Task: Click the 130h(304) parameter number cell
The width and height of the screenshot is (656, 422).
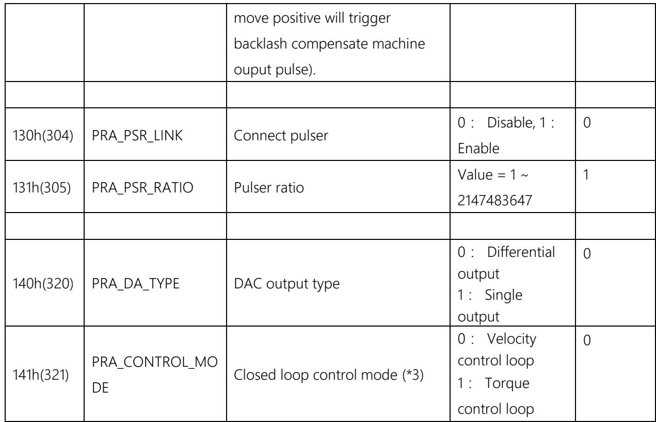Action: [x=43, y=136]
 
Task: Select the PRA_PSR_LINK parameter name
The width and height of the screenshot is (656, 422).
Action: [x=137, y=136]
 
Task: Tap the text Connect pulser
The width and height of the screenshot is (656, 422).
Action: [x=281, y=136]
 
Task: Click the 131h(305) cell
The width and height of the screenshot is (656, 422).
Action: [x=42, y=188]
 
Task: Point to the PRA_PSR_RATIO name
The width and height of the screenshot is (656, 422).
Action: [x=142, y=188]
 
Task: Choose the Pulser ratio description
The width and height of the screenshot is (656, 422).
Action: [x=269, y=188]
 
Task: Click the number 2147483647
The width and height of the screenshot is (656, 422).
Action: [x=494, y=201]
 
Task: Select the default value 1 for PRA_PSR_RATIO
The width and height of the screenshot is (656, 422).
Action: [x=586, y=175]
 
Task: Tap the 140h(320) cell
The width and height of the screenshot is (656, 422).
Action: [x=43, y=284]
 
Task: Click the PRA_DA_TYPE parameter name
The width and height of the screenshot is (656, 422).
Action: [x=136, y=284]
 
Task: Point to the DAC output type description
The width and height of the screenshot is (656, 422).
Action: [x=286, y=284]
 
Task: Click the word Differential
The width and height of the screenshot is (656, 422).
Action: [x=521, y=252]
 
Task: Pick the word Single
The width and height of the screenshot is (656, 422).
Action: [x=503, y=296]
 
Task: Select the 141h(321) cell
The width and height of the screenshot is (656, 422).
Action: [x=41, y=375]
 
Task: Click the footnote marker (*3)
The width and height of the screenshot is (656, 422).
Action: [x=413, y=375]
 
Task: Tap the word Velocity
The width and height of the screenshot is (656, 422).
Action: [x=511, y=339]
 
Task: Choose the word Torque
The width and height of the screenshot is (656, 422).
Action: [x=507, y=384]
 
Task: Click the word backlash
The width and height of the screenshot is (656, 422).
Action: [x=260, y=44]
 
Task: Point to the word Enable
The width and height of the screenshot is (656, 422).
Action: [x=478, y=149]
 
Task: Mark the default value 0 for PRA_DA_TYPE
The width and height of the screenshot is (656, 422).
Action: [x=587, y=253]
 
